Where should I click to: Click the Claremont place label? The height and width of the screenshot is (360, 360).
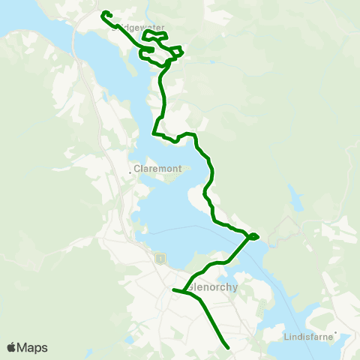point(158,169)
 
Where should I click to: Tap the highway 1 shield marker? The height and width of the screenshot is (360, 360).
point(159,259)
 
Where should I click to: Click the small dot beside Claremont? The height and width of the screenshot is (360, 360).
point(130,172)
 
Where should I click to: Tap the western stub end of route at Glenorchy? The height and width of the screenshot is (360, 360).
point(173,289)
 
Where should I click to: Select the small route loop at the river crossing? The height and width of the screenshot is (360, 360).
point(254,237)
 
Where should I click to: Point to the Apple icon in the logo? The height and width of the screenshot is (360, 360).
point(11,347)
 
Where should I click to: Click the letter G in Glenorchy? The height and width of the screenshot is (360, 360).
point(191,286)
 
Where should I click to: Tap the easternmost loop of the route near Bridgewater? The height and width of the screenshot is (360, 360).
point(178,52)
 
